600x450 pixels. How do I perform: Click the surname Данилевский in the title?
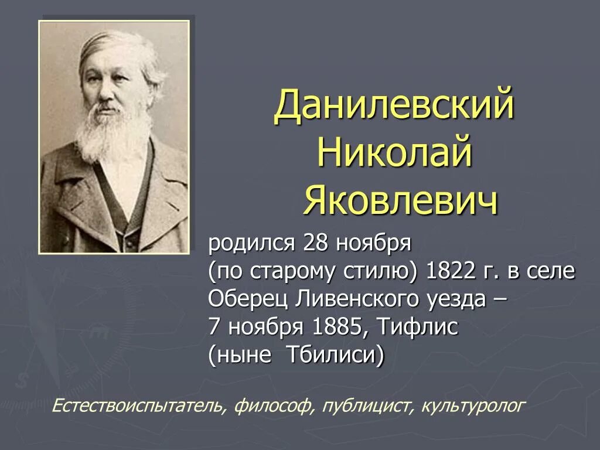pos(394,106)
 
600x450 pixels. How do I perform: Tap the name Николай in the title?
pos(394,149)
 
